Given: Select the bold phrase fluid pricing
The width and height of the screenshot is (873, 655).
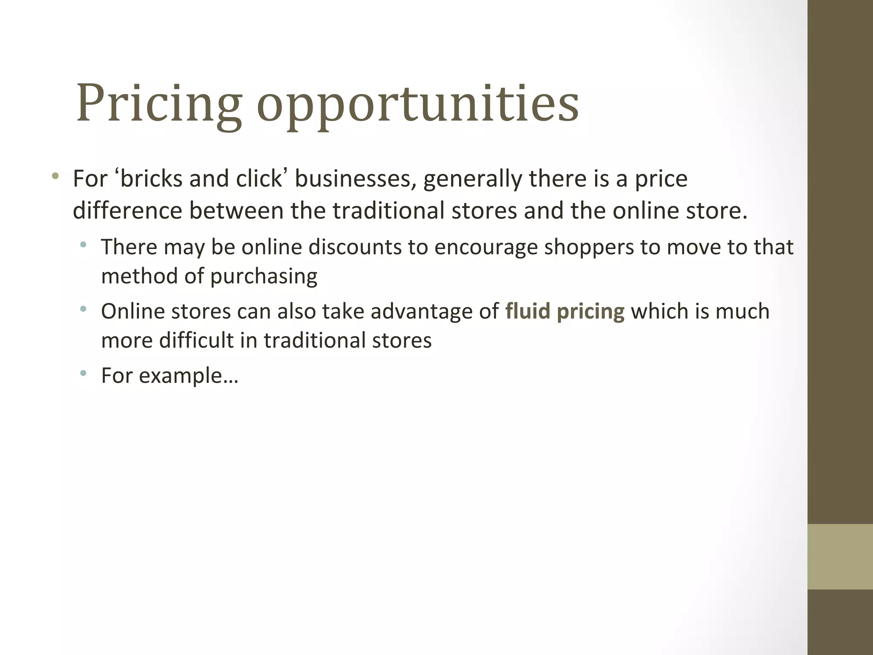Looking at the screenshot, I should pyautogui.click(x=564, y=311).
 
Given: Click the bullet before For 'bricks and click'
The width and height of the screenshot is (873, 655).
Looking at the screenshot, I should pyautogui.click(x=55, y=176).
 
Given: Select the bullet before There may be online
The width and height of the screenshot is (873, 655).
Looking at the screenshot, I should pyautogui.click(x=83, y=245).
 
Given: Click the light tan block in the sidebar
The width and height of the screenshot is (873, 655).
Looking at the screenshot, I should pyautogui.click(x=840, y=556).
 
